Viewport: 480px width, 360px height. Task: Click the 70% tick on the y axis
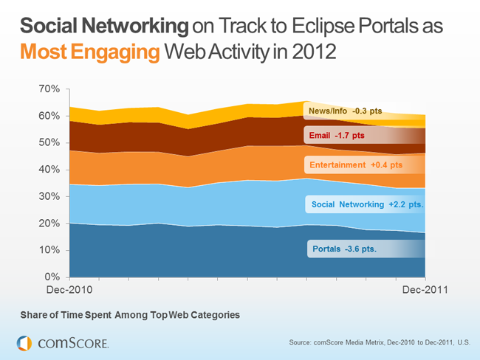coord(49,89)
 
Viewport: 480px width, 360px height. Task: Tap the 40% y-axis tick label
coord(49,170)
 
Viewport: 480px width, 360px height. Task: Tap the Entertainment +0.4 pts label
coord(356,165)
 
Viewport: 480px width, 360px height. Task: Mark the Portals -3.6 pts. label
coord(344,249)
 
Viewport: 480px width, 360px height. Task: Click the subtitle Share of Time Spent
coord(130,315)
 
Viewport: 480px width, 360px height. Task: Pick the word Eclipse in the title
coord(329,27)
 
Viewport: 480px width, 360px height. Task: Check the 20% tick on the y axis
coord(49,224)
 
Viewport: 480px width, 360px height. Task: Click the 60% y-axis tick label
coord(49,117)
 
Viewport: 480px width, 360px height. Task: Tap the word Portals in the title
coord(397,27)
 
